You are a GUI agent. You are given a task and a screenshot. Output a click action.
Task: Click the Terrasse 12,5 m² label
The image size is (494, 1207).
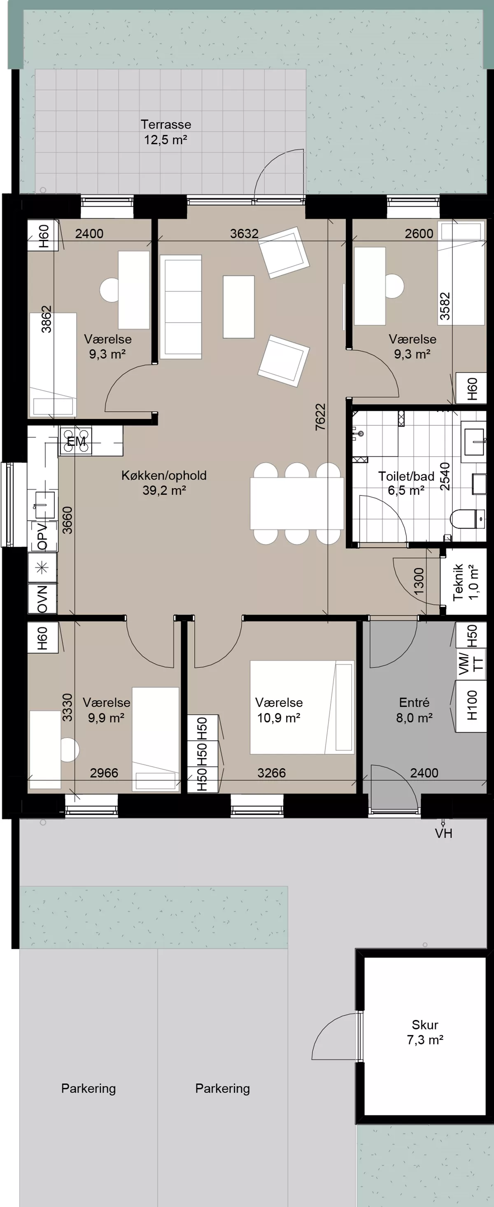click(x=165, y=132)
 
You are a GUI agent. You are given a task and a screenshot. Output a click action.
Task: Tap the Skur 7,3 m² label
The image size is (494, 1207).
click(x=425, y=1032)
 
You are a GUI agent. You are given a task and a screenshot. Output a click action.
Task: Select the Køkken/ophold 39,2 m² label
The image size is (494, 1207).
click(x=164, y=482)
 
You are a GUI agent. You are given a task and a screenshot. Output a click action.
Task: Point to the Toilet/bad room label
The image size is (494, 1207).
click(x=406, y=483)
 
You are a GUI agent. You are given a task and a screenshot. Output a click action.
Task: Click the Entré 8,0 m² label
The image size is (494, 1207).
click(x=414, y=709)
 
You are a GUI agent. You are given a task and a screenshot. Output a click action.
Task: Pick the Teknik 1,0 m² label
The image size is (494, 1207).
click(x=466, y=582)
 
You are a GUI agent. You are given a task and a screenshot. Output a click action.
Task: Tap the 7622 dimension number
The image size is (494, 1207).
click(x=320, y=417)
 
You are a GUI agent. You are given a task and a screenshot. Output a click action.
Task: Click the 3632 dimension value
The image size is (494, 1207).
click(x=244, y=233)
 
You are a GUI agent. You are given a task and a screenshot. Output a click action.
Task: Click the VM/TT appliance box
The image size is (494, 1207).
click(x=471, y=664)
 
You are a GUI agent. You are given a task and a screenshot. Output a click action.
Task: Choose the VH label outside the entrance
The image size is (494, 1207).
click(x=443, y=834)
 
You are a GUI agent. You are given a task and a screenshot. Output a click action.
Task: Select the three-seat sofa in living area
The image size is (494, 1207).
click(x=181, y=307)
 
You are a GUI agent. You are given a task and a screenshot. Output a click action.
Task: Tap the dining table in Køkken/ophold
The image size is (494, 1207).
click(x=297, y=503)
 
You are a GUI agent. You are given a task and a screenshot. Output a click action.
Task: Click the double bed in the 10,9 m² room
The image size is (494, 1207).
click(x=302, y=707)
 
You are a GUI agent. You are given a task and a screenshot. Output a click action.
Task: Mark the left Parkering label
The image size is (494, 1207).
click(x=89, y=1088)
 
